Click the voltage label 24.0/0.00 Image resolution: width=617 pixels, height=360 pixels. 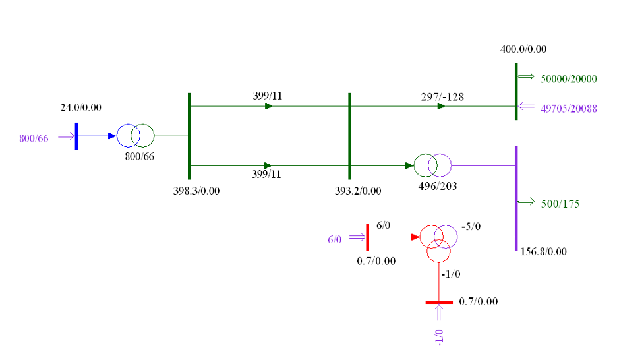coord(80,108)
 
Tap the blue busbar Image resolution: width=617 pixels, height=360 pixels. coord(76,136)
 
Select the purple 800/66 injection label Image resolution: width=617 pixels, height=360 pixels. coord(34,138)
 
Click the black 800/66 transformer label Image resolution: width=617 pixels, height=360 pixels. coord(140,156)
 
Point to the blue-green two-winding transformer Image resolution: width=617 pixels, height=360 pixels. coord(135,136)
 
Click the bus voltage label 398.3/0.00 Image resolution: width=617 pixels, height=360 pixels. coord(196,191)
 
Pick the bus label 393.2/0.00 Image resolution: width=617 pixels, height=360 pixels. coord(358,191)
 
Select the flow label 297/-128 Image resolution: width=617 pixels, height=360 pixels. coord(442,97)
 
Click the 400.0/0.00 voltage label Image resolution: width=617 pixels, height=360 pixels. coord(523,49)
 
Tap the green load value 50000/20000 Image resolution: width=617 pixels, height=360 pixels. coord(569,79)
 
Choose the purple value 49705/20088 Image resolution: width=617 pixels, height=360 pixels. coord(569,109)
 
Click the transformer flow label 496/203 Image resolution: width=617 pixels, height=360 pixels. coord(438,186)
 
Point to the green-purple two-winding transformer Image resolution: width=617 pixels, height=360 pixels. coord(432,165)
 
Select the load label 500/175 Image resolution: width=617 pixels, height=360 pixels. coord(560,204)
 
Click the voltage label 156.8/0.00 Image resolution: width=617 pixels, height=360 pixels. coord(543,252)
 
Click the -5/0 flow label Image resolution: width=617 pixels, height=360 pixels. coord(471,227)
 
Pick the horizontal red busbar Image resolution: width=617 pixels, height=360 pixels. coord(439,303)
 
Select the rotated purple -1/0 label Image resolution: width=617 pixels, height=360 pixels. coord(439,338)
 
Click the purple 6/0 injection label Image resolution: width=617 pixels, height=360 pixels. coord(335,239)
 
